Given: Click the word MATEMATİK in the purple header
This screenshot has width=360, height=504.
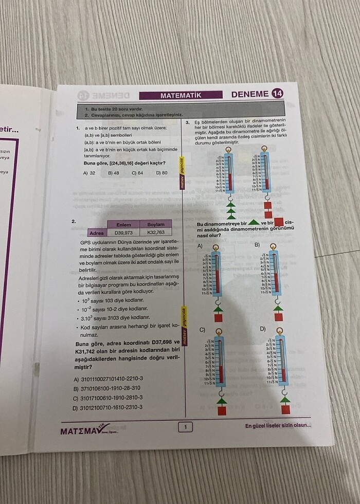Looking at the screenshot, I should pos(180,95).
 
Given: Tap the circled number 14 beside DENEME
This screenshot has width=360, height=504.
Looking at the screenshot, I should pos(278,94).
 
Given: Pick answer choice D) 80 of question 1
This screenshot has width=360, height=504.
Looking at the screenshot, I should pos(161,173).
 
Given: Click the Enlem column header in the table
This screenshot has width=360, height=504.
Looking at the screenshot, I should pos(123,225).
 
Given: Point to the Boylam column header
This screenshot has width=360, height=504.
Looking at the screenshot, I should pos(156,225).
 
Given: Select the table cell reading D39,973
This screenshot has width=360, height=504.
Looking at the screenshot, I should pos(123,232).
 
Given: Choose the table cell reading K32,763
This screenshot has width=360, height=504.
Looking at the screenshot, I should pos(156,232).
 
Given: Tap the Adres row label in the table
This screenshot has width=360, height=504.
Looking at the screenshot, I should pos(97,233).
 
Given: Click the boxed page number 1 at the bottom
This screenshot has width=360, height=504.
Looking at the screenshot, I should pos(185,426).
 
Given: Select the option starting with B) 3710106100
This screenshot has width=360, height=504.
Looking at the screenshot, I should pos(108,388).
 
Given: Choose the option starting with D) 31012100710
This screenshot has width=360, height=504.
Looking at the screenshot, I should pos(108,407).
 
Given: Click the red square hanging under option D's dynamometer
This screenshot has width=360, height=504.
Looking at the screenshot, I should pos(285,409).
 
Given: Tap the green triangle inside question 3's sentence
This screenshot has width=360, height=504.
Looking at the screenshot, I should pos(254,223).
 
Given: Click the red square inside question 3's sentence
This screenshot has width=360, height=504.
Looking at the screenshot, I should pos(279,223).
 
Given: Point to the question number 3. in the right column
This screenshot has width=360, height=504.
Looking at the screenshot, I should pos(188,122).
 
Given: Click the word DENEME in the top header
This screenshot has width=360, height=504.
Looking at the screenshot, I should pos(250,94).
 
